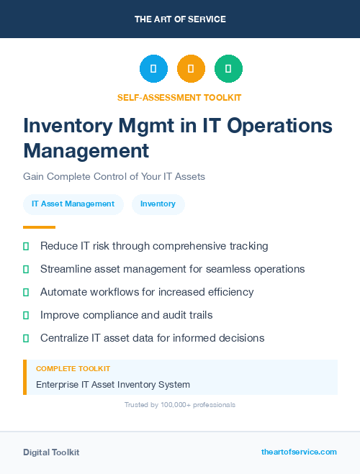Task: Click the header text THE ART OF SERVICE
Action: [x=180, y=19]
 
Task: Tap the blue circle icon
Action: [x=153, y=69]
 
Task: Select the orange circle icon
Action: [x=191, y=69]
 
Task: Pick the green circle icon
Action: [x=228, y=69]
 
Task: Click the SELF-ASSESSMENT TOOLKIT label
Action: [x=179, y=97]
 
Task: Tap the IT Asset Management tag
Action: [x=73, y=204]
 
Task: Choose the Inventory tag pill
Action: [x=158, y=204]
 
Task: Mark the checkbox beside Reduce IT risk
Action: [x=26, y=247]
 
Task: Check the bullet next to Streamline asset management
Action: [x=26, y=270]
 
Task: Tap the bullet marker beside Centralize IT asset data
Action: [x=26, y=338]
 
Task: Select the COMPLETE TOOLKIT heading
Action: [x=73, y=368]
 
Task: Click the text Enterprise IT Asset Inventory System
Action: [x=113, y=385]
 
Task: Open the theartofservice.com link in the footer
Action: [x=299, y=452]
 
